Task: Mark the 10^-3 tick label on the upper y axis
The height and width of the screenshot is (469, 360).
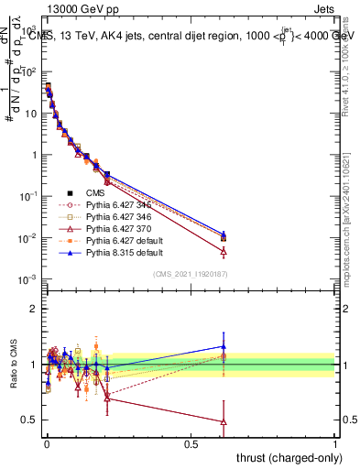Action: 27,279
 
